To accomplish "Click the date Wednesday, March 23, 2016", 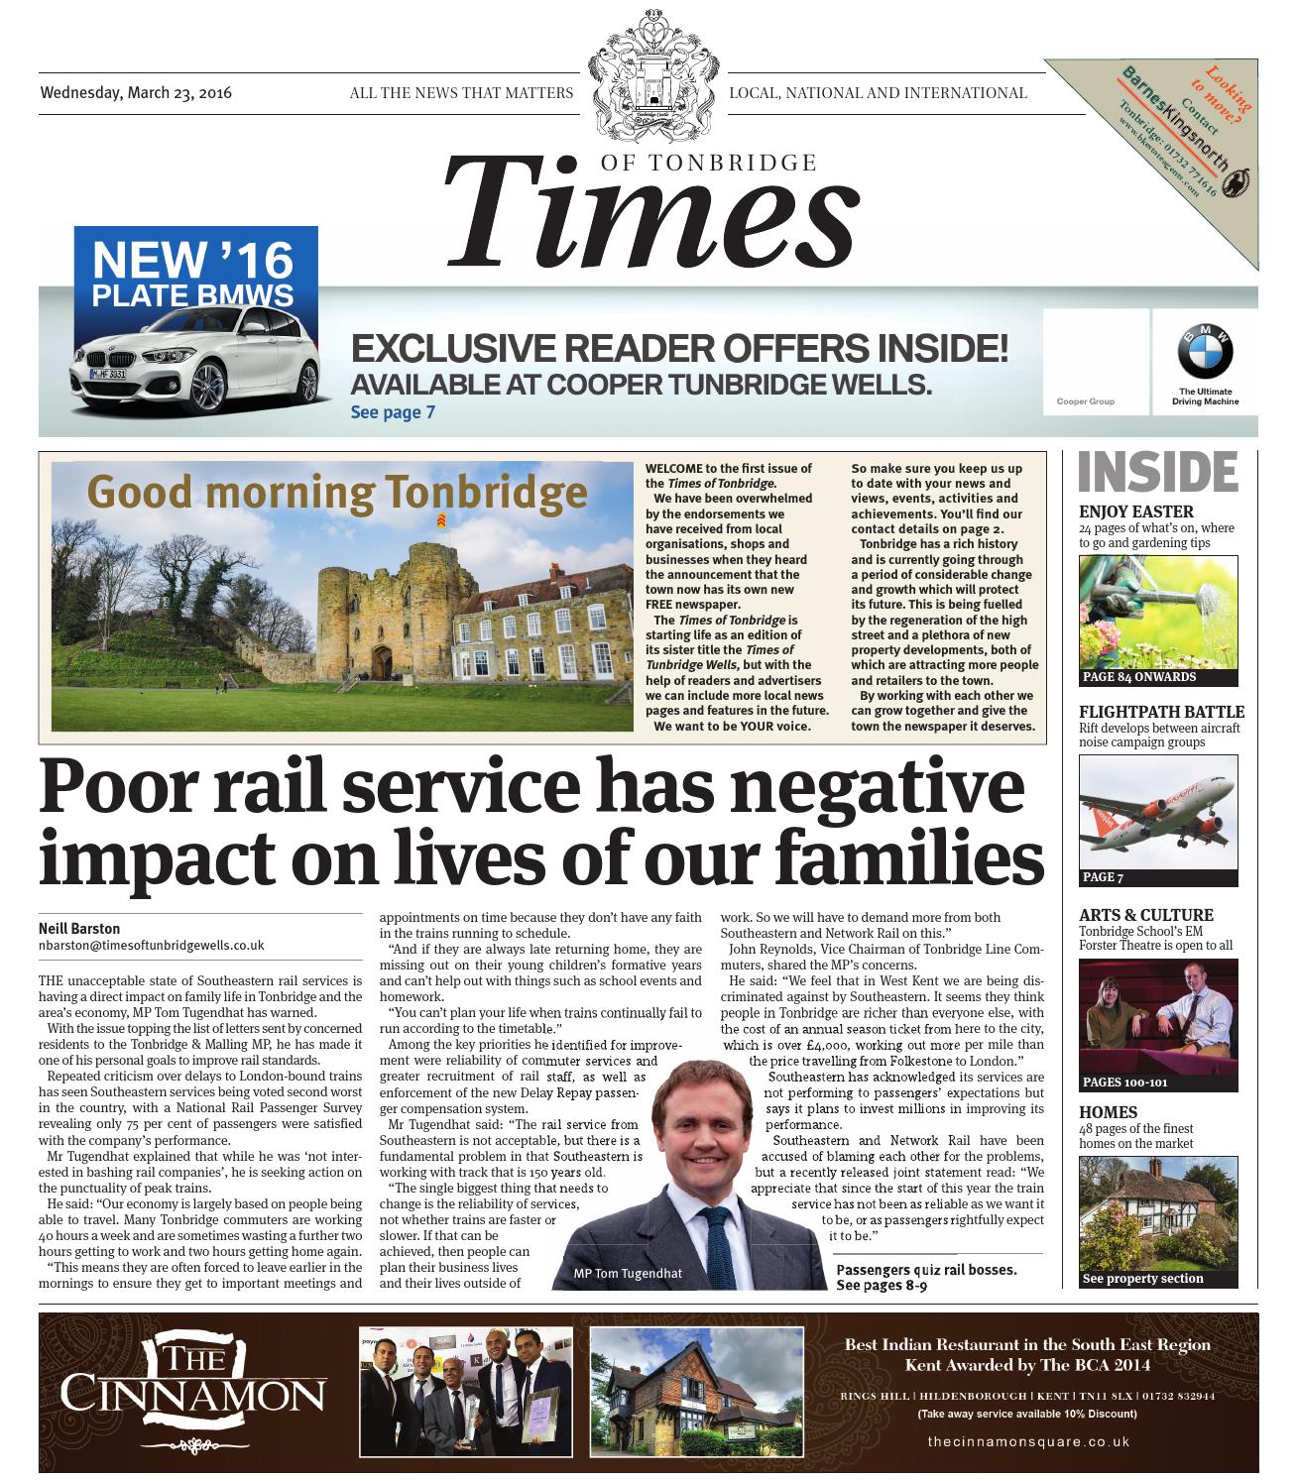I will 136,93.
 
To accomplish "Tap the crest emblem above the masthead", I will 651,85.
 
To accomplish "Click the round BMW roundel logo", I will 1205,351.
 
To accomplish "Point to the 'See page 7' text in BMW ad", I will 393,412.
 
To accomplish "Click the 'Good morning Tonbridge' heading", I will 336,493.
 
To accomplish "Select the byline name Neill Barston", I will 79,929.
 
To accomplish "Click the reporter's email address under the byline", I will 152,946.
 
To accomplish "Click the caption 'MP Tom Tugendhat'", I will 628,1273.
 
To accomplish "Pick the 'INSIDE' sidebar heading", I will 1157,473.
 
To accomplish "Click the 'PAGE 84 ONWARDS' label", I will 1139,677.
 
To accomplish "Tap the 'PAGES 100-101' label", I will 1125,1082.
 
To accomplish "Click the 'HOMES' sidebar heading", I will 1108,1112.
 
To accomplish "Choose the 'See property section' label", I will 1142,1278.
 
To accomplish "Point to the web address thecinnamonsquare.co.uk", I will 1028,1441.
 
